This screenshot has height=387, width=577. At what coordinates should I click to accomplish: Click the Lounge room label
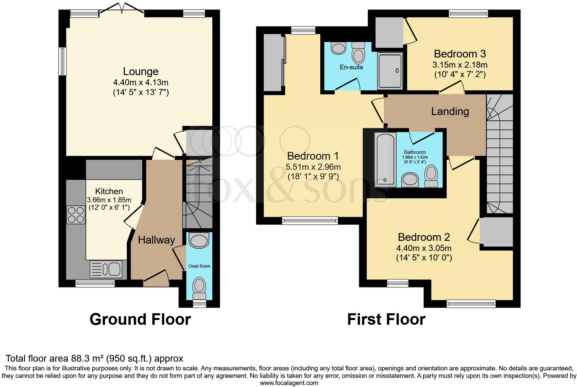pyautogui.click(x=141, y=71)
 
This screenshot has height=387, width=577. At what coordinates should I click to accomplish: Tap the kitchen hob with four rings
pyautogui.click(x=76, y=215)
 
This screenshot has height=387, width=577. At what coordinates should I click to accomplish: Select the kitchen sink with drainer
pyautogui.click(x=108, y=270)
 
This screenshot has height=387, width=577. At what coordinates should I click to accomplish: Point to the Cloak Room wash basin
pyautogui.click(x=199, y=241)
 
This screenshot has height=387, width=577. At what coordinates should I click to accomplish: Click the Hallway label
pyautogui.click(x=156, y=240)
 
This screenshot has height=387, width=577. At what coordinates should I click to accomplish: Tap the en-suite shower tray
pyautogui.click(x=390, y=71)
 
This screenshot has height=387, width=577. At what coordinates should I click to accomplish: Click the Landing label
pyautogui.click(x=450, y=111)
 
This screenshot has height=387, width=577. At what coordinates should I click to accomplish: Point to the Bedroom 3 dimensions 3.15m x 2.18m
pyautogui.click(x=460, y=65)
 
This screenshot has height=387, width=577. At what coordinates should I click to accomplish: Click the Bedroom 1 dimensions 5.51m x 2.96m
pyautogui.click(x=313, y=167)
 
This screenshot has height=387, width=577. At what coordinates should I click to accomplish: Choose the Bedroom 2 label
pyautogui.click(x=424, y=237)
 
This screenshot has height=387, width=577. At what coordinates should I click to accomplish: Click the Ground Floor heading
pyautogui.click(x=140, y=319)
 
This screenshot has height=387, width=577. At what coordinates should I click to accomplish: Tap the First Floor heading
pyautogui.click(x=386, y=319)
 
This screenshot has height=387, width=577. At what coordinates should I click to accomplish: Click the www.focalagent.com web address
pyautogui.click(x=289, y=383)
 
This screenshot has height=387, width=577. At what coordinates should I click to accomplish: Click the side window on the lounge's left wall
pyautogui.click(x=62, y=61)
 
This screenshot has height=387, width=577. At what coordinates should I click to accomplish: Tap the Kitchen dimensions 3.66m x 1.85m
pyautogui.click(x=109, y=200)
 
